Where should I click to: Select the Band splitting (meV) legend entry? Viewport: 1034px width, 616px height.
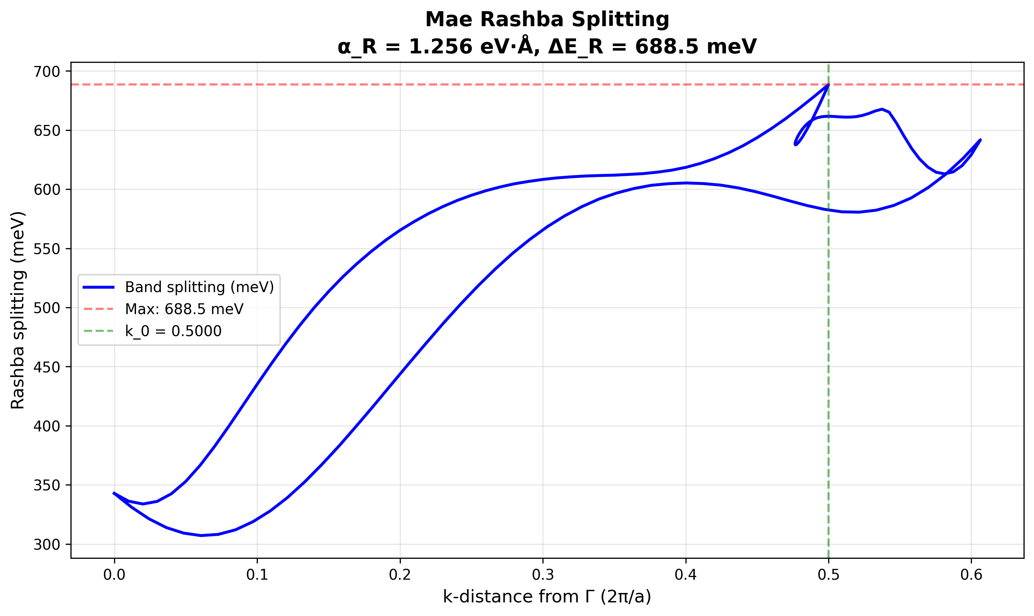(199, 287)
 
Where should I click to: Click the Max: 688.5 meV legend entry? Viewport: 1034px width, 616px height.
(184, 309)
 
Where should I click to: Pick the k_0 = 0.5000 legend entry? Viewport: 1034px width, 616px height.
(173, 331)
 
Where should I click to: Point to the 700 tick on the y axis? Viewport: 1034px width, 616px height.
(46, 72)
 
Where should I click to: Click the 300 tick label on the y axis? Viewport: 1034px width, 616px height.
(46, 544)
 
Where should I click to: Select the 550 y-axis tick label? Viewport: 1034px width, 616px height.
(46, 249)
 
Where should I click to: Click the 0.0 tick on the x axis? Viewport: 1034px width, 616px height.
(114, 575)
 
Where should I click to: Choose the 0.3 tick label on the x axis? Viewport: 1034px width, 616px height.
(543, 575)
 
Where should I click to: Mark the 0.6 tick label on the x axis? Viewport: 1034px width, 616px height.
(971, 575)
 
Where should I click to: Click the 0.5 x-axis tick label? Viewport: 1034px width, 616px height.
(829, 575)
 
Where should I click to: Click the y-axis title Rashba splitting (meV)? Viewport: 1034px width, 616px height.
(18, 311)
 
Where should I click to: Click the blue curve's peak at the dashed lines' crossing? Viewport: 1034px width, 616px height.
(829, 85)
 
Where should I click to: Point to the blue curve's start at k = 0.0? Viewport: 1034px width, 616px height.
(114, 493)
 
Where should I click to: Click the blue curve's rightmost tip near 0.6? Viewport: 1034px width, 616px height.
(981, 140)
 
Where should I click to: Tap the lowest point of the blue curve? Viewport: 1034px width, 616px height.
(201, 535)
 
